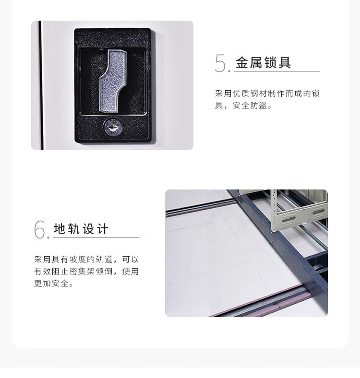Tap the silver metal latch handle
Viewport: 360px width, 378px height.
click(113, 81)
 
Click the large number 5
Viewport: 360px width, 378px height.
click(220, 63)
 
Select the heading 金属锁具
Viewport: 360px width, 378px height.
click(263, 62)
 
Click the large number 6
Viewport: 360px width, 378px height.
click(39, 229)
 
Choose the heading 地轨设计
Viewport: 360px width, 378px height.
click(81, 229)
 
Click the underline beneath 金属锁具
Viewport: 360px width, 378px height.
click(277, 71)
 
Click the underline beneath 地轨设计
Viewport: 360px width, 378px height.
click(96, 238)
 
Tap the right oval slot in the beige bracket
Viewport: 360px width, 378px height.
click(319, 212)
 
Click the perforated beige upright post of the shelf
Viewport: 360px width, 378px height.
click(274, 210)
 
